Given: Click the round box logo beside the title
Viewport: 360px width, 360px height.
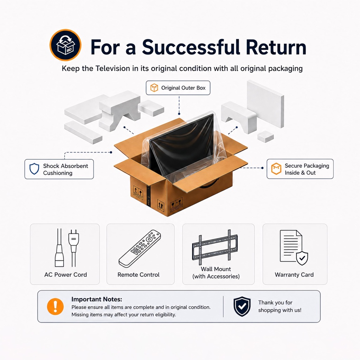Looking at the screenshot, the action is (65, 45).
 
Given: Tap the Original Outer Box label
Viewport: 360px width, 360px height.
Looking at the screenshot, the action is (178, 88).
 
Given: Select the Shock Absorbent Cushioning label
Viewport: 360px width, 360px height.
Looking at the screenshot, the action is (59, 169).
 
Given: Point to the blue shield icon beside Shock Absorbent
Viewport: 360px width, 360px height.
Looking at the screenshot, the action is (34, 169).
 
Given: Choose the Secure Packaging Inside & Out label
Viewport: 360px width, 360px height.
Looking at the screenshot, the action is (300, 169).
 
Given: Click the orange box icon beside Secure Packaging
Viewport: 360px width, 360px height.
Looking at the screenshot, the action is (276, 169).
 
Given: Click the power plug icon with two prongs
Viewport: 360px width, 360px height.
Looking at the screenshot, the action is (73, 247).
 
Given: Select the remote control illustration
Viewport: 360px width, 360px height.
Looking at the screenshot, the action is (140, 249).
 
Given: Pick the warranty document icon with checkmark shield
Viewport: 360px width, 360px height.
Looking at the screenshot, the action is (294, 247).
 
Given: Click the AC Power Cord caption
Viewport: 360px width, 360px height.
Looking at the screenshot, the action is (65, 275).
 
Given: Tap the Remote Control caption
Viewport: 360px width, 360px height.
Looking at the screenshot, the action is (139, 275).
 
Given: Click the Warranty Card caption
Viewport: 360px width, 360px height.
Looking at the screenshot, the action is (294, 275).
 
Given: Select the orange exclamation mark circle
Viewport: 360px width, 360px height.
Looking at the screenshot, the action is (55, 307).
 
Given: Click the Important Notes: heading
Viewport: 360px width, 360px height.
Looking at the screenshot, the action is (97, 299).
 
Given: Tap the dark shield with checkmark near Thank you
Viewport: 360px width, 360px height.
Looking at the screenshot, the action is (242, 306).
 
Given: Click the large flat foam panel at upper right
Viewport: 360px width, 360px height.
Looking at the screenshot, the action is (265, 104).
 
